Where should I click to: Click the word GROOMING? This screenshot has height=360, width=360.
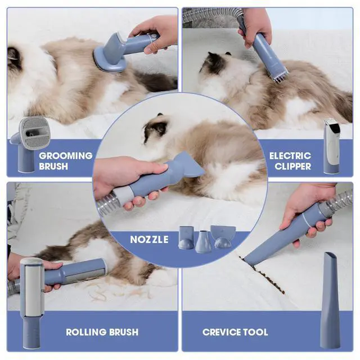pyautogui.click(x=66, y=156)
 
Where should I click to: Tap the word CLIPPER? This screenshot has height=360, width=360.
pyautogui.click(x=292, y=166)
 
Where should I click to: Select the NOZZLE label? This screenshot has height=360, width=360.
pyautogui.click(x=149, y=240)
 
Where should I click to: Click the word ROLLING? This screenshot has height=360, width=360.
pyautogui.click(x=86, y=332)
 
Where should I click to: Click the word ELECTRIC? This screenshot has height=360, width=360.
pyautogui.click(x=290, y=156)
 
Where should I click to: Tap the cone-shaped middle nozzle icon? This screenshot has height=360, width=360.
pyautogui.click(x=203, y=241)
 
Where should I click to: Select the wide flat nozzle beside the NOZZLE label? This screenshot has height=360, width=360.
pyautogui.click(x=223, y=236)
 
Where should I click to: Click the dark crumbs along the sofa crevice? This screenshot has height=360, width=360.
pyautogui.click(x=263, y=274)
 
